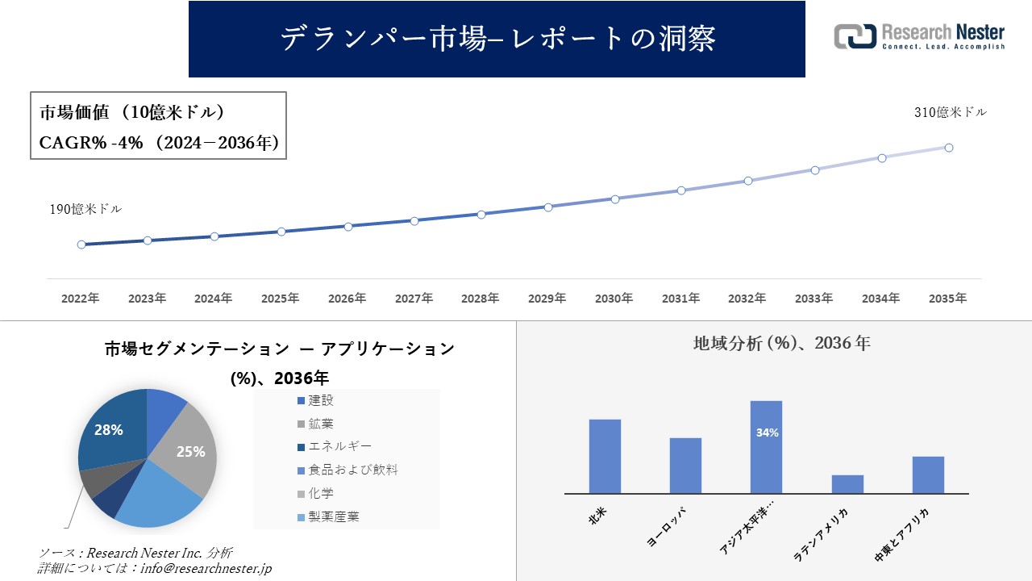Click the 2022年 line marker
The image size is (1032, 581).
[81, 245]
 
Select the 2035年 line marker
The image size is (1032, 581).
[949, 148]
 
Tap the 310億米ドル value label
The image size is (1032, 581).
[950, 113]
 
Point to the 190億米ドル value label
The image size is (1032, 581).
[86, 209]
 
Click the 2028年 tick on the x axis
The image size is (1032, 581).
[481, 299]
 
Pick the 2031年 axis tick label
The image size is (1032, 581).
[681, 299]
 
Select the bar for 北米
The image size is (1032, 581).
[605, 456]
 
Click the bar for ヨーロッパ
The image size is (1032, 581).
[685, 466]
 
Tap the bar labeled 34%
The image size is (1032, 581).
[766, 447]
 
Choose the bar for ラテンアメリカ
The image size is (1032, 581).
[847, 483]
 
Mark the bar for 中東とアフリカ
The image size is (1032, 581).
[928, 474]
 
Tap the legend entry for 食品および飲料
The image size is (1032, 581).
[347, 470]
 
